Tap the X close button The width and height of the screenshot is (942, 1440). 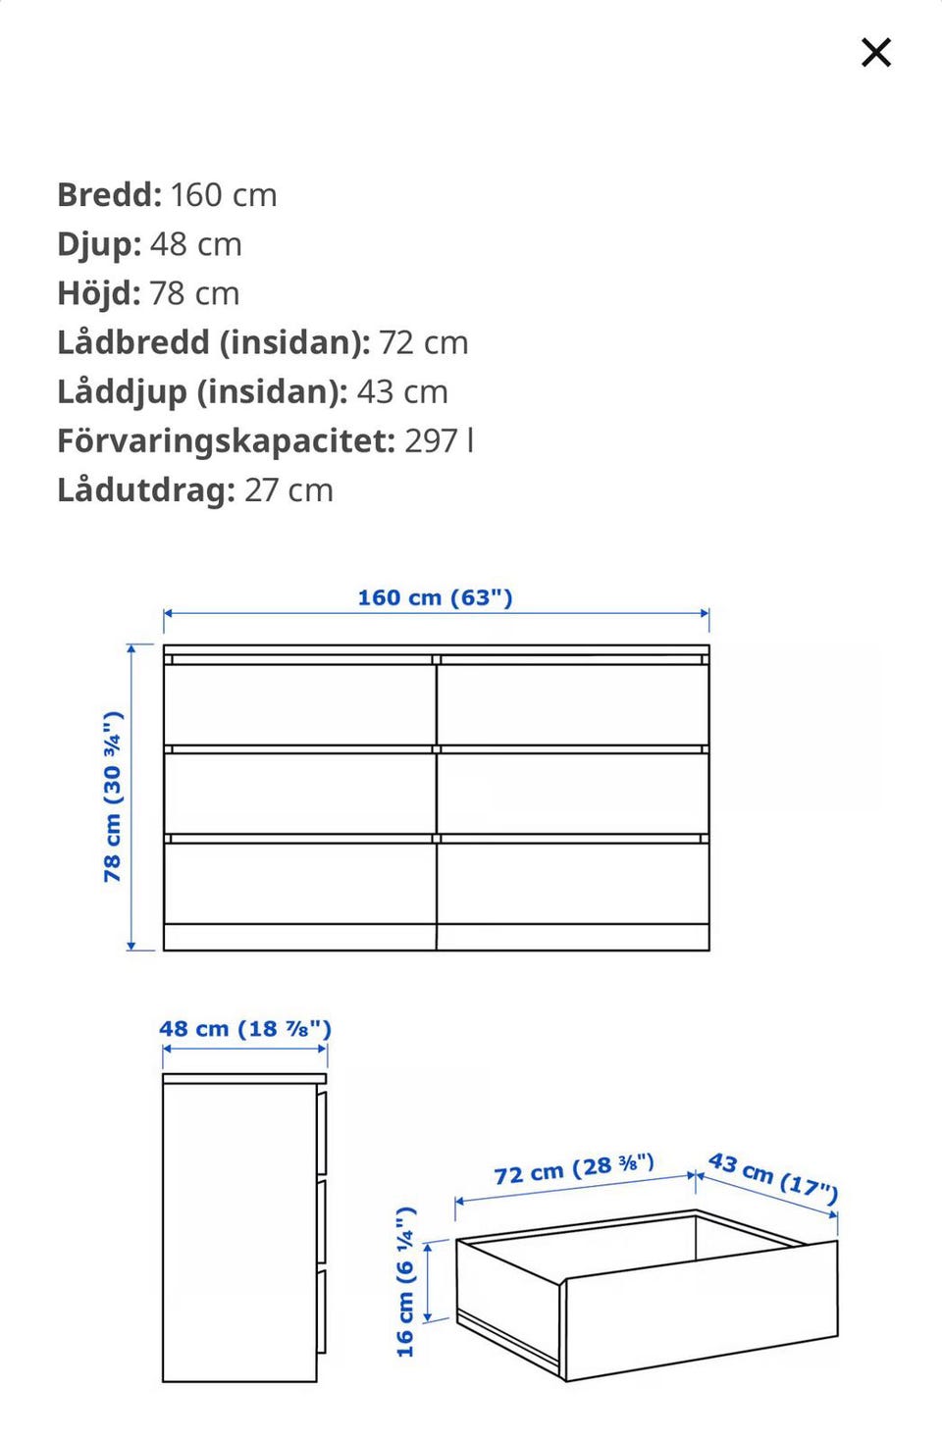(875, 52)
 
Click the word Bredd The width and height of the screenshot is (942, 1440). (109, 194)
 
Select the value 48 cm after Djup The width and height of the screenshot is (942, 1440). (195, 243)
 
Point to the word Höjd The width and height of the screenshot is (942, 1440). (98, 292)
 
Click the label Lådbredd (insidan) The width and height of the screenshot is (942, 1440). (213, 341)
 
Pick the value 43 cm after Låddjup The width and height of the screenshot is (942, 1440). (401, 390)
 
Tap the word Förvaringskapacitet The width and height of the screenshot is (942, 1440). (226, 440)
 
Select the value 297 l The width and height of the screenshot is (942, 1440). (439, 440)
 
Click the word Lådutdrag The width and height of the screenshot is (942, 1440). (145, 489)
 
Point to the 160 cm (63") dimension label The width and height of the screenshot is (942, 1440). (435, 597)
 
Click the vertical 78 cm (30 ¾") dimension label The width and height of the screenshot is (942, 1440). (113, 797)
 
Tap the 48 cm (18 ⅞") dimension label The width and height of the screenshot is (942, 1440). (245, 1029)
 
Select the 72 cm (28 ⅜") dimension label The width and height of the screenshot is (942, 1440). (574, 1169)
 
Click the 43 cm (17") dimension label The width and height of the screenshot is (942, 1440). (773, 1177)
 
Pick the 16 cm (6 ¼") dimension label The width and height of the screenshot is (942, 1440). (406, 1282)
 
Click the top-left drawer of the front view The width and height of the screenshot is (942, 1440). (299, 703)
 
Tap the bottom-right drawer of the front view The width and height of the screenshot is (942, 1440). (573, 883)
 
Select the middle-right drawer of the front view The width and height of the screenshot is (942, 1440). (573, 793)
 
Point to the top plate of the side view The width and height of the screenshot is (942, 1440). (244, 1078)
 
